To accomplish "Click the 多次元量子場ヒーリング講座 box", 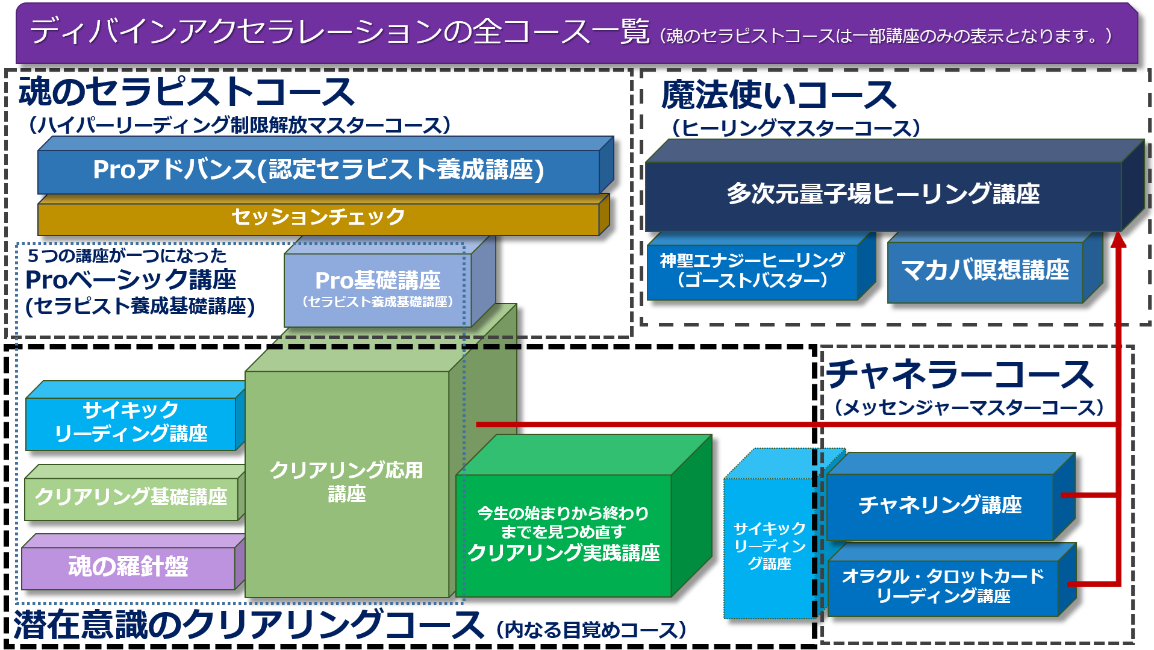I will pos(883,195).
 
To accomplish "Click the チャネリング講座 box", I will pos(940,505).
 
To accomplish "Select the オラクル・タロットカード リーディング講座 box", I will pos(942,586).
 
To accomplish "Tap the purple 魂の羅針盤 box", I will pos(128,567).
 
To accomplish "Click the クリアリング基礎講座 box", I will pos(131,497).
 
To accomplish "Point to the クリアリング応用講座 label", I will pos(346,481).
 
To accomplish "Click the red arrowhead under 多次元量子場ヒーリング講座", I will pos(1118,240).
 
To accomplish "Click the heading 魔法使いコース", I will pos(778,96).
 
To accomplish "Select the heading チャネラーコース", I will pos(960,374).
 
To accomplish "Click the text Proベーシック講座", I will pos(131,280).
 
